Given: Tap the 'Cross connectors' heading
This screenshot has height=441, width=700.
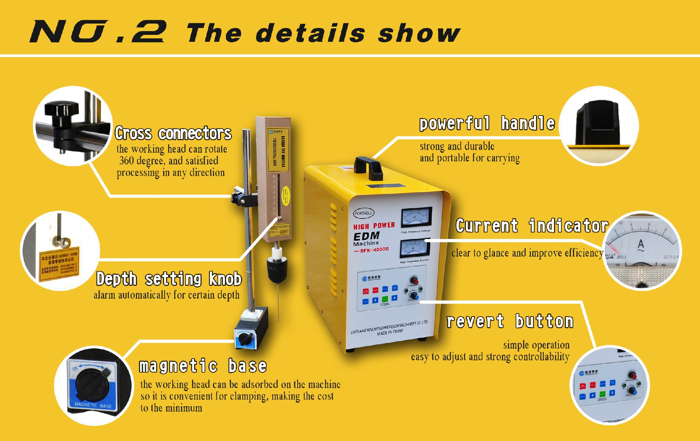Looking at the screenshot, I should [x=173, y=133].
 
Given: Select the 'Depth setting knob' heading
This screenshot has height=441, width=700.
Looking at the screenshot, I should [x=169, y=279].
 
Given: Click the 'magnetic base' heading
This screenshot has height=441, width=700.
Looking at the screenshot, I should [x=203, y=366].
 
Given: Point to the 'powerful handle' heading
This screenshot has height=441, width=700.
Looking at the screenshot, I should [x=487, y=123].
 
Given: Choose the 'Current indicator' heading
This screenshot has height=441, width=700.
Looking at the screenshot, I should [x=532, y=226].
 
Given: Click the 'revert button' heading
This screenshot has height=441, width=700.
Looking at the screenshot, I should [x=510, y=321].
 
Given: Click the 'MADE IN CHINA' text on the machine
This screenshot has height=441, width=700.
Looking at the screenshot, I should [x=390, y=331].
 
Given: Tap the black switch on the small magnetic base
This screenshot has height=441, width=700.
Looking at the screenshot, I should [x=245, y=339].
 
